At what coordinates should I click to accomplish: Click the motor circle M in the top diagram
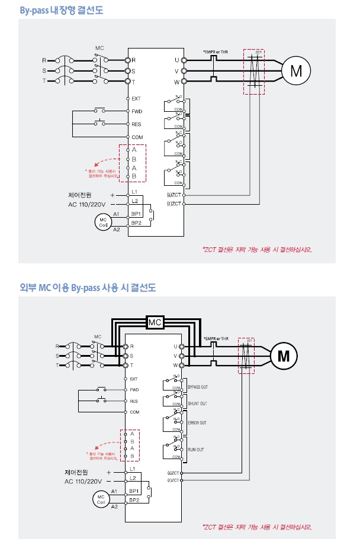coord(295,71)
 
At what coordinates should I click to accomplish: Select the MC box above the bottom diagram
coord(155,322)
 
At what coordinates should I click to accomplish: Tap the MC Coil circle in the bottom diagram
coord(101,499)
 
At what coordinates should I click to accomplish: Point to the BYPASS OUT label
coord(197,387)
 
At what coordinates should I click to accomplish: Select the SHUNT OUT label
coord(197,404)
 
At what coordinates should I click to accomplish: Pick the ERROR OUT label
coord(197,423)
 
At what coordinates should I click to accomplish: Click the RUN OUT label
coord(196,450)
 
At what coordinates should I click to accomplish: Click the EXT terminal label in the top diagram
coord(136,98)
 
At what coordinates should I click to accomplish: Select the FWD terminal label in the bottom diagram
coord(134,390)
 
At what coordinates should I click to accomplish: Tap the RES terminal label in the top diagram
coord(136,124)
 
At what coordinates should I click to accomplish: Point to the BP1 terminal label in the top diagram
coord(136,213)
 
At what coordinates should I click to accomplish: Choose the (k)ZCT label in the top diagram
coord(174,194)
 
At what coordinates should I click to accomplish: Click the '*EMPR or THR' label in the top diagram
coord(216,53)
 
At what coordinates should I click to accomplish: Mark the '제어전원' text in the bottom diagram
coord(76,472)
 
